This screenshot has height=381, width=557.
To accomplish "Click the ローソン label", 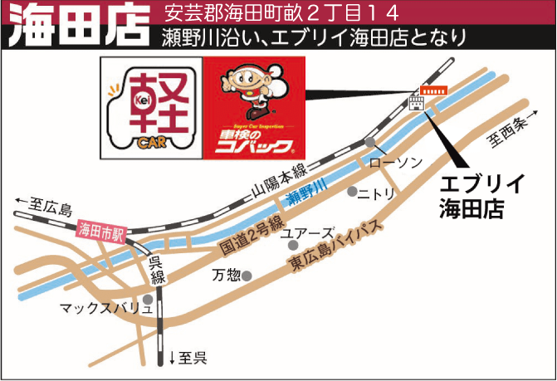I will click(x=395, y=161).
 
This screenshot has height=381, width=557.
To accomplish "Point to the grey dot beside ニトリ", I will click(x=352, y=192).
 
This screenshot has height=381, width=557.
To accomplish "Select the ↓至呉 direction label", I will click(x=188, y=359).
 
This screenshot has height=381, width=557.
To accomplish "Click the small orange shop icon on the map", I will click(x=432, y=89).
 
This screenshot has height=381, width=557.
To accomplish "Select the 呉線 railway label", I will click(x=157, y=271).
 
